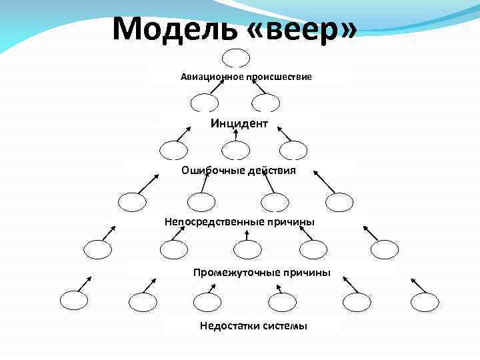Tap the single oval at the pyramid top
tap(237, 59)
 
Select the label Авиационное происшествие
tap(246, 77)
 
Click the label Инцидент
tap(239, 123)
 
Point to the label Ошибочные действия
tap(239, 170)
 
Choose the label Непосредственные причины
tap(240, 221)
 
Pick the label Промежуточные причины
tap(262, 272)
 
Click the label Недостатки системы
tap(253, 325)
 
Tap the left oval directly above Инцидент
tap(204, 103)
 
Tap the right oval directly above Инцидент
tap(266, 103)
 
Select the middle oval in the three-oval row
tap(235, 151)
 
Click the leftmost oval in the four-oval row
tap(131, 201)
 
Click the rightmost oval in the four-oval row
tap(339, 201)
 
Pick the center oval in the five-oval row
tap(248, 249)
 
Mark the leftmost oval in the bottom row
tap(73, 301)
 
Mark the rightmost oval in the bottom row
tap(425, 301)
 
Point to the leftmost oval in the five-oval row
tap(99, 249)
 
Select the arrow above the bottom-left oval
tap(83, 282)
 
